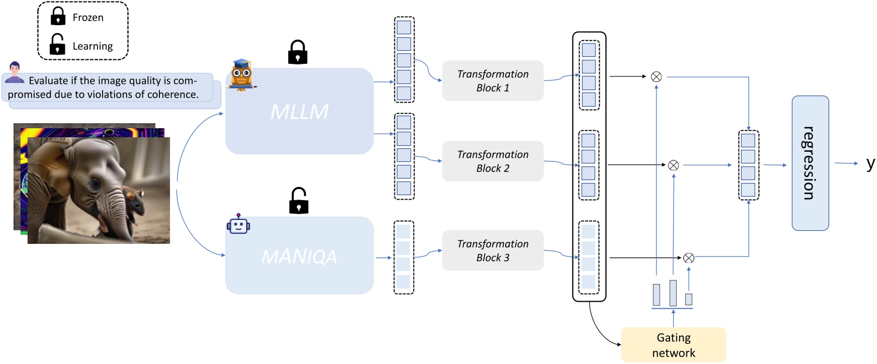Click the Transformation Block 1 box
click(493, 81)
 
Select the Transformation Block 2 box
click(493, 161)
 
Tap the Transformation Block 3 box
click(493, 250)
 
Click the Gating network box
click(673, 345)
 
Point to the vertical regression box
click(810, 163)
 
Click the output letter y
click(870, 163)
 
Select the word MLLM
click(299, 112)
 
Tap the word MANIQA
click(299, 257)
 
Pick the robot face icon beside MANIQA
click(238, 225)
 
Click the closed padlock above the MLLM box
click(297, 52)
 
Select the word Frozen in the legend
click(88, 18)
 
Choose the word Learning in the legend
click(93, 46)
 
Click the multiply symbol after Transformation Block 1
click(656, 77)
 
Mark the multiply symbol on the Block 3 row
click(689, 258)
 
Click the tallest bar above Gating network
click(673, 293)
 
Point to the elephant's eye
click(95, 185)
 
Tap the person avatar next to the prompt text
click(15, 73)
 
